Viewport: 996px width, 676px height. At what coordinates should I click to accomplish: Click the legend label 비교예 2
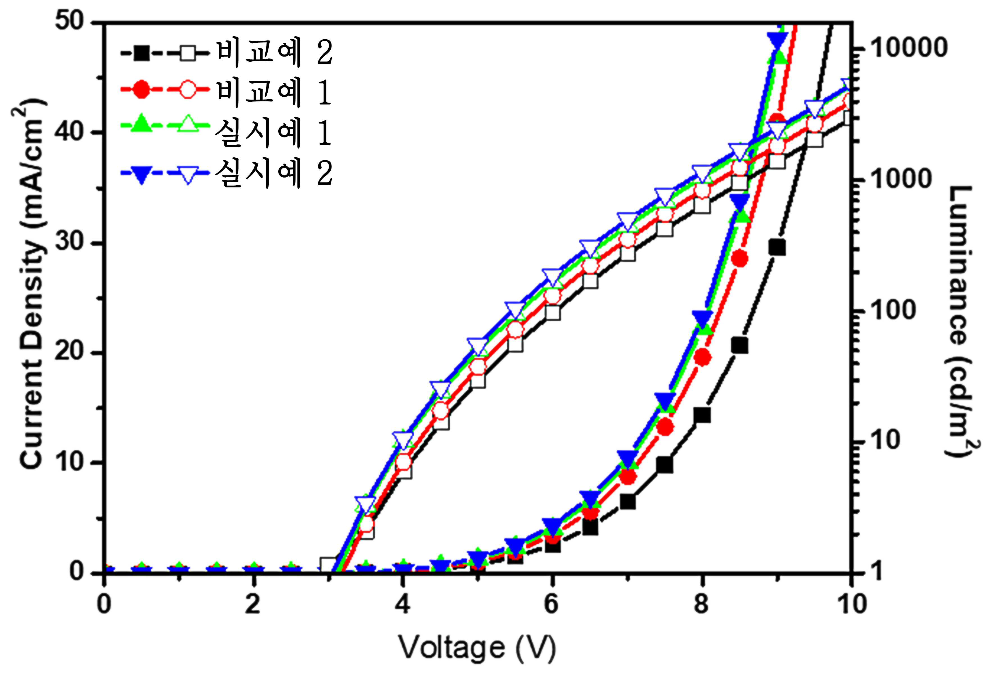(275, 53)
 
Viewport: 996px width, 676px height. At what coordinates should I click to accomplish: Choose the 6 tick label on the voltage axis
(552, 604)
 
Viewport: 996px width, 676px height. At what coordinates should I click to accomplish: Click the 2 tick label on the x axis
(253, 604)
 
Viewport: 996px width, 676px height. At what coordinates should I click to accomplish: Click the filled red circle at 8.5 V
(740, 259)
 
